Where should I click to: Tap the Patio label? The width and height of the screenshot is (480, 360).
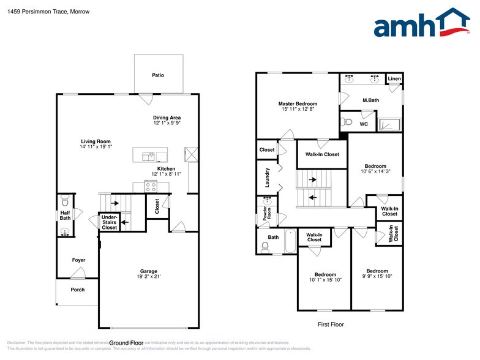[158, 75]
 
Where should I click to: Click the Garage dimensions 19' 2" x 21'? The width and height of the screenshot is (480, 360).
[148, 277]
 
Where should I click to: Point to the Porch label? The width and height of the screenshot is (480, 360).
[77, 290]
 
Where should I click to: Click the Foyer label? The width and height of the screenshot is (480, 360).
[78, 260]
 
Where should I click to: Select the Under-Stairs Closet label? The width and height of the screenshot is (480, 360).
[109, 222]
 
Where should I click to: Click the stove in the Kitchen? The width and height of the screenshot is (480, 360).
[151, 186]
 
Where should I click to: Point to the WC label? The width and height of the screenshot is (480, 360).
[364, 124]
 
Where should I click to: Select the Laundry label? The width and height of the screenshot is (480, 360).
[267, 178]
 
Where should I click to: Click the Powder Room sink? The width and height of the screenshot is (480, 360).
[267, 201]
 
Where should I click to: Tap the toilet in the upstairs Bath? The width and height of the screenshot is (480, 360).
[265, 247]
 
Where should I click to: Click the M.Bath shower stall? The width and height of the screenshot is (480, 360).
[389, 124]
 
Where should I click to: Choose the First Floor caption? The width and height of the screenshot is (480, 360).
[332, 324]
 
